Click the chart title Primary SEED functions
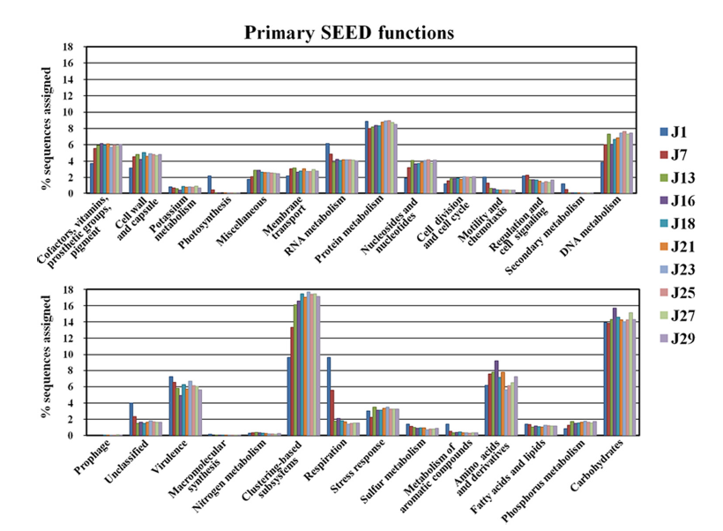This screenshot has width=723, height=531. coord(349,33)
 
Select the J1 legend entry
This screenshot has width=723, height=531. coord(676,132)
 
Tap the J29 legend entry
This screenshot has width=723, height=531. coord(680,338)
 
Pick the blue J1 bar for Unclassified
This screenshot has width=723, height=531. coord(130,419)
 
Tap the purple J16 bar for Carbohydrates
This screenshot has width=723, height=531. coord(614,371)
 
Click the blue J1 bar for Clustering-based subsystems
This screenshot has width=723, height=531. coord(288,396)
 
